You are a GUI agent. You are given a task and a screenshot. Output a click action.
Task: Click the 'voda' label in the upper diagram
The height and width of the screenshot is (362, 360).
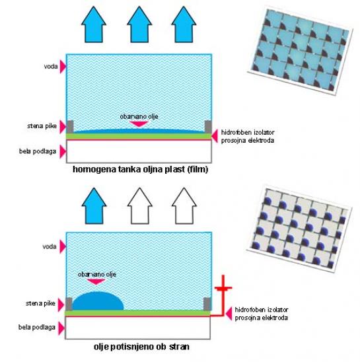[51, 67]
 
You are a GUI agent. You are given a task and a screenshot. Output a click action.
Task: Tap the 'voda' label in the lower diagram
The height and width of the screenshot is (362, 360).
[50, 246]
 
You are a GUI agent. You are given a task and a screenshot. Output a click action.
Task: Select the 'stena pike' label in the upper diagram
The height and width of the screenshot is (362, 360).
[42, 126]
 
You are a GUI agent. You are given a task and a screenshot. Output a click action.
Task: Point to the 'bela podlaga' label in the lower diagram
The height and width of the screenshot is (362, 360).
[37, 327]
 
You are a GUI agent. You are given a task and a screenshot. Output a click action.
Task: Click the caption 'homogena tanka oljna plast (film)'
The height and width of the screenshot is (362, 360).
[141, 170]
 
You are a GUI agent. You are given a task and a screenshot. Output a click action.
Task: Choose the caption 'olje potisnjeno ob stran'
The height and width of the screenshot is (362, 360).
[141, 347]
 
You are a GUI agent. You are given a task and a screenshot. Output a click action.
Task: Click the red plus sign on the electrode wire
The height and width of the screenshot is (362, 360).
[223, 288]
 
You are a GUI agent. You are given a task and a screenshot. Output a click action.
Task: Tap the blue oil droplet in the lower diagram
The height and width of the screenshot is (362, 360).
[98, 301]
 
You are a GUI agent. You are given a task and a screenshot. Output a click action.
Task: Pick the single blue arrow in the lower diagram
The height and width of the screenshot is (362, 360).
[94, 205]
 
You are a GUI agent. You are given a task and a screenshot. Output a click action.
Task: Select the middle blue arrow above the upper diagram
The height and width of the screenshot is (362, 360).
[139, 24]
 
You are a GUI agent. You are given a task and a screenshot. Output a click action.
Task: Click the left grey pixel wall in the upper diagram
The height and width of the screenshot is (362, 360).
[70, 127]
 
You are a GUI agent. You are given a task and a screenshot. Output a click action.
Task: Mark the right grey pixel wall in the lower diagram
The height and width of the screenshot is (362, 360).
[207, 304]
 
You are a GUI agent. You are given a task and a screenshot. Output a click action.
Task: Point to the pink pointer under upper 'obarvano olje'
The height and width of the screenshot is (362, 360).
[139, 124]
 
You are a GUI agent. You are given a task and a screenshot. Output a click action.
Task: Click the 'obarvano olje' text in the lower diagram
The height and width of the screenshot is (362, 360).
[97, 275]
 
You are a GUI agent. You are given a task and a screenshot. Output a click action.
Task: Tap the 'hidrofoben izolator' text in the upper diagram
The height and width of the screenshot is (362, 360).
[248, 133]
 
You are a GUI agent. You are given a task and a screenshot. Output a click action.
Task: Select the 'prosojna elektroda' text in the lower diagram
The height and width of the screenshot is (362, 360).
[261, 318]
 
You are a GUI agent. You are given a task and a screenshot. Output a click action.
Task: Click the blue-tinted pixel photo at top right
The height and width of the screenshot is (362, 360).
[300, 49]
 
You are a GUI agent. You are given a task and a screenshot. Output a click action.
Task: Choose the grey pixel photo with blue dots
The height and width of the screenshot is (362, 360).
[299, 229]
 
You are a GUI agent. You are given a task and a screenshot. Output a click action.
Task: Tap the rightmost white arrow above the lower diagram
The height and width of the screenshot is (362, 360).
[184, 205]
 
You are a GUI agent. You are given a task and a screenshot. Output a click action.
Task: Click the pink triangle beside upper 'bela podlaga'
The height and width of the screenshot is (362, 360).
[63, 151]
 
